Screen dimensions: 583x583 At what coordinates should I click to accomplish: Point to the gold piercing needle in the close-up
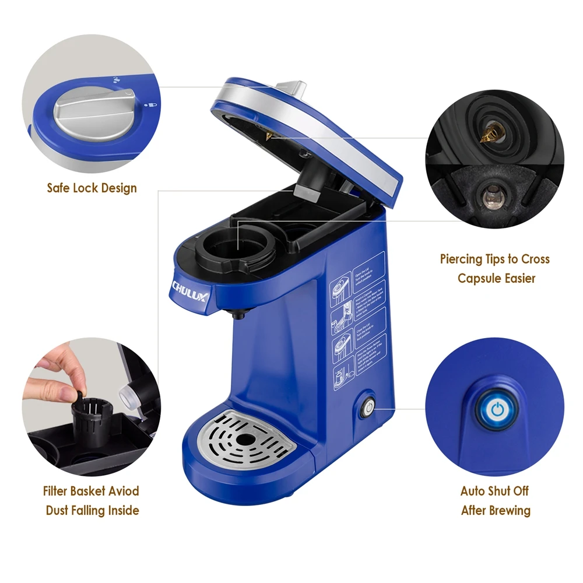click(486, 136)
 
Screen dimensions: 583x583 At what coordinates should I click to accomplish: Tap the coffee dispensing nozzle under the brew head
click(238, 315)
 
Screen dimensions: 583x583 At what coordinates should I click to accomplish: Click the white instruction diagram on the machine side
click(357, 321)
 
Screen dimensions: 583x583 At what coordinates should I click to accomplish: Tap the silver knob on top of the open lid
click(291, 87)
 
